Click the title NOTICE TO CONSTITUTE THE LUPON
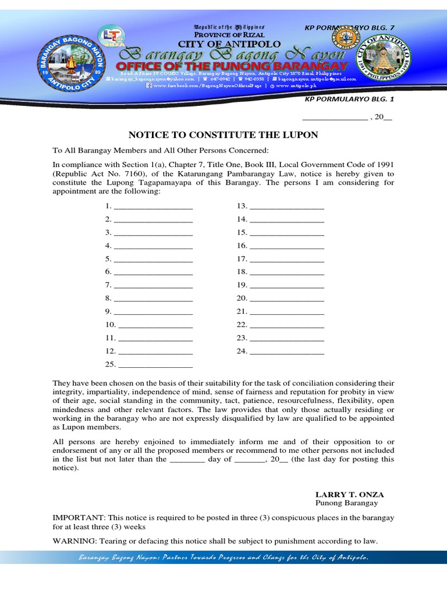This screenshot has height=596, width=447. point(223,135)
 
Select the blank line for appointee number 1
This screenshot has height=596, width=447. point(153,207)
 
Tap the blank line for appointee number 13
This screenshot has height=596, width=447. point(286,207)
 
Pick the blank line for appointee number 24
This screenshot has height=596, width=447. point(286,352)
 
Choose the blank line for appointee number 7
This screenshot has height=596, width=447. point(153,286)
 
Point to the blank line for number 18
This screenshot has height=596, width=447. point(286,272)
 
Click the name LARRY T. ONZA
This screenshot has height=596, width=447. point(349,494)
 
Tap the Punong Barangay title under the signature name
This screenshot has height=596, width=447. point(346,503)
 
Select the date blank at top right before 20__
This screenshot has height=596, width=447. point(334,117)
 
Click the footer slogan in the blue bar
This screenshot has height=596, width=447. point(223,558)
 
